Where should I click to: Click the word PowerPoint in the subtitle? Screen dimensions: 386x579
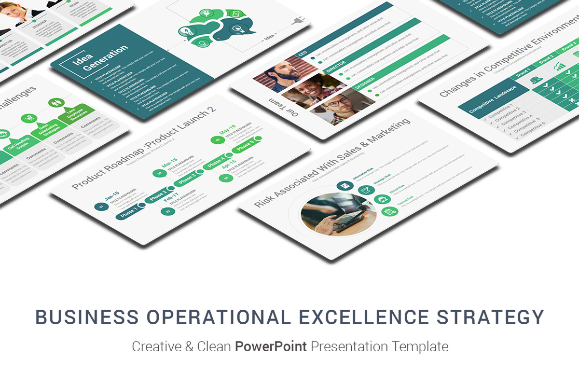[271, 346]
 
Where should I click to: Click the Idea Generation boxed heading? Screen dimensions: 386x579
[100, 58]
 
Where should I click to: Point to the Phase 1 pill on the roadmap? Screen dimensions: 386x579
[129, 213]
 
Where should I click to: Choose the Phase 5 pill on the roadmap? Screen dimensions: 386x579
[245, 145]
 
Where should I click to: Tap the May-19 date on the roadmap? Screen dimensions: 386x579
[227, 131]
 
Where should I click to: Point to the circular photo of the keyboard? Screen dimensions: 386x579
[338, 214]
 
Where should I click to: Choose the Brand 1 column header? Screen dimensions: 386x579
[523, 73]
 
